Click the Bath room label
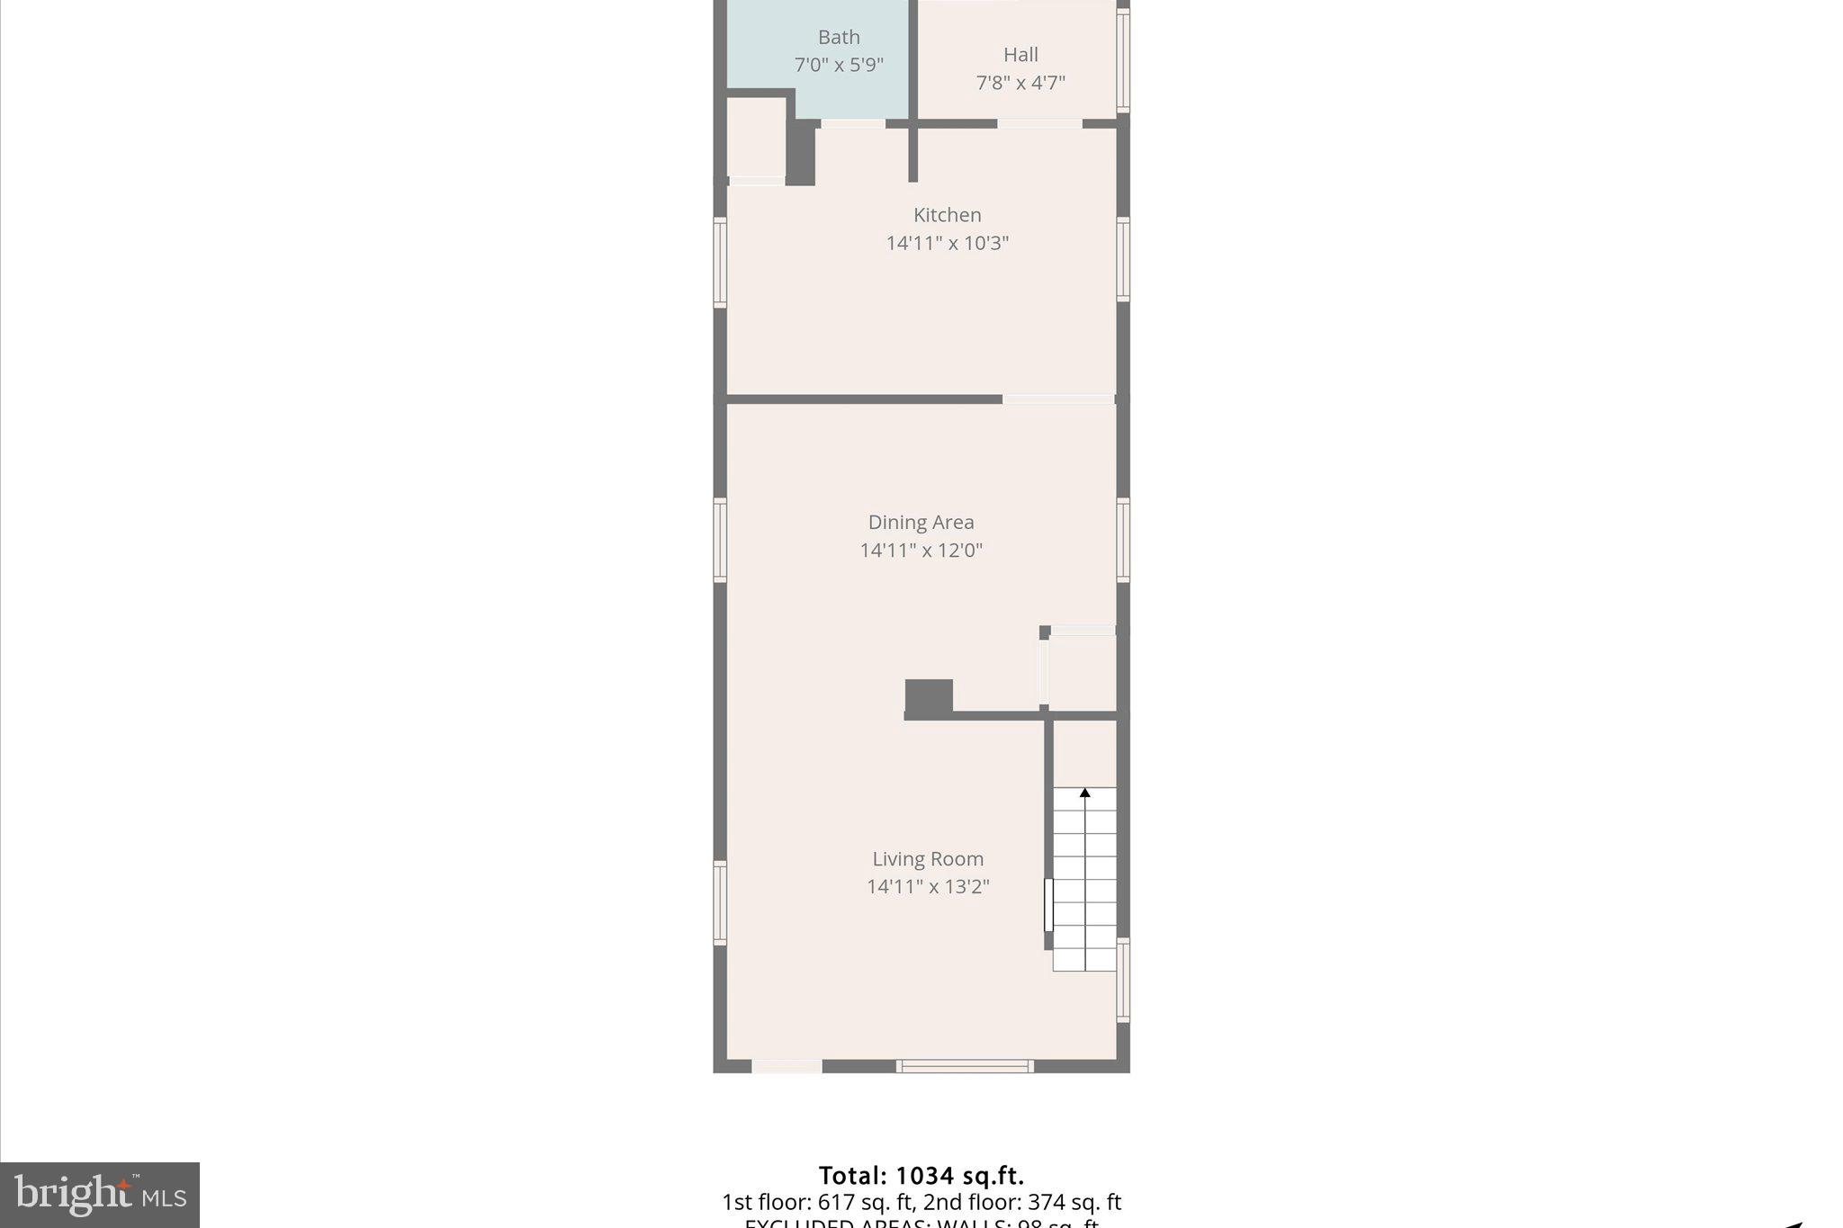tap(839, 38)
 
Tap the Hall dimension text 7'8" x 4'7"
tap(1020, 83)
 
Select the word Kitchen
tap(947, 215)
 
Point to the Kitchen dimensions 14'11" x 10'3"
tap(947, 243)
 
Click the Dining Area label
tap(921, 523)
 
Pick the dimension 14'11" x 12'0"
tap(921, 551)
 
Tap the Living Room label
tap(927, 859)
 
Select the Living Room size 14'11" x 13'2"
tap(927, 887)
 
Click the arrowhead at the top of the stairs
tap(1085, 793)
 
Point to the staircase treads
tap(1085, 882)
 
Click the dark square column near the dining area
tap(929, 696)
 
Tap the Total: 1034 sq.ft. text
tap(921, 1176)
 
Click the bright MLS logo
tap(100, 1195)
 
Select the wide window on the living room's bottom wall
tap(965, 1067)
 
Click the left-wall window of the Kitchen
tap(720, 262)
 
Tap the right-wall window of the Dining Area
tap(1123, 540)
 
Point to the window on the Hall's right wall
tap(1123, 59)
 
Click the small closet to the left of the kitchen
tap(756, 137)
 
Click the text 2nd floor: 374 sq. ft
tap(1022, 1203)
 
